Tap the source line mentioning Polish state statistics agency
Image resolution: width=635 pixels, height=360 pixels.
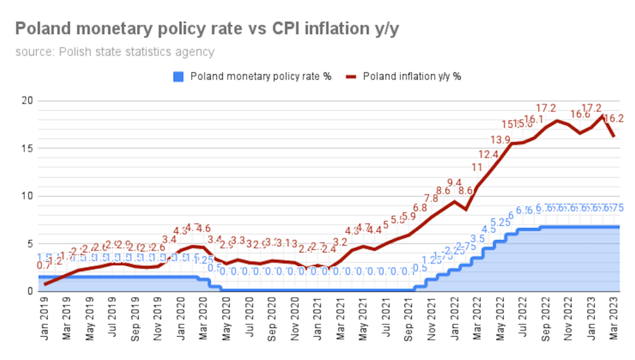(115, 52)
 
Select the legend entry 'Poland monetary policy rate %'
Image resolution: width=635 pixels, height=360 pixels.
(253, 76)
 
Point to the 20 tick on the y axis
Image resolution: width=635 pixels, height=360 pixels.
(27, 100)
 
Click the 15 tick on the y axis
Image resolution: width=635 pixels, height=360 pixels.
(27, 148)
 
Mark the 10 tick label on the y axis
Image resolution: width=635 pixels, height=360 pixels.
(27, 196)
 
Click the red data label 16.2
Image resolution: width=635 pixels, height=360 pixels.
(615, 119)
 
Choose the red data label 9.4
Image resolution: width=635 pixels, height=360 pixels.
(454, 183)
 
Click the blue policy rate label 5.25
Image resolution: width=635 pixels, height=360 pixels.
(500, 222)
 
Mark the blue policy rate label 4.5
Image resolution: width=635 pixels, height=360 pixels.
(488, 229)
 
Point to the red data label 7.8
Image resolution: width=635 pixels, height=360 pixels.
(431, 198)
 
